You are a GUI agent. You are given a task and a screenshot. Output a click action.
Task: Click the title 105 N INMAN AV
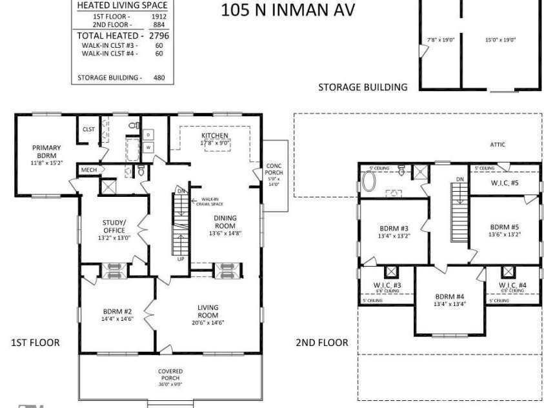(x=288, y=11)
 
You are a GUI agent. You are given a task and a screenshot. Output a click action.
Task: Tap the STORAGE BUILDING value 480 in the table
(x=159, y=77)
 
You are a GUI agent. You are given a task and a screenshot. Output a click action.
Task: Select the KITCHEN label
(x=214, y=135)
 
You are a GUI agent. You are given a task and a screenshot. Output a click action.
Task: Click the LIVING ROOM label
(x=208, y=311)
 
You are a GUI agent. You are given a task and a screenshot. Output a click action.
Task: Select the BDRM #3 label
(x=394, y=228)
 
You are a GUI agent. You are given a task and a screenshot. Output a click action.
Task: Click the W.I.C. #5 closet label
(x=504, y=183)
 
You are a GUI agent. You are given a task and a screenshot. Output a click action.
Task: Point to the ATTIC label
(x=497, y=145)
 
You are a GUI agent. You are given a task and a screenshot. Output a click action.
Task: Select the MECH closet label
(x=88, y=170)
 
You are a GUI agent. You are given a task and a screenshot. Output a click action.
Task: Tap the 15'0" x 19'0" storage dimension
(x=500, y=40)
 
